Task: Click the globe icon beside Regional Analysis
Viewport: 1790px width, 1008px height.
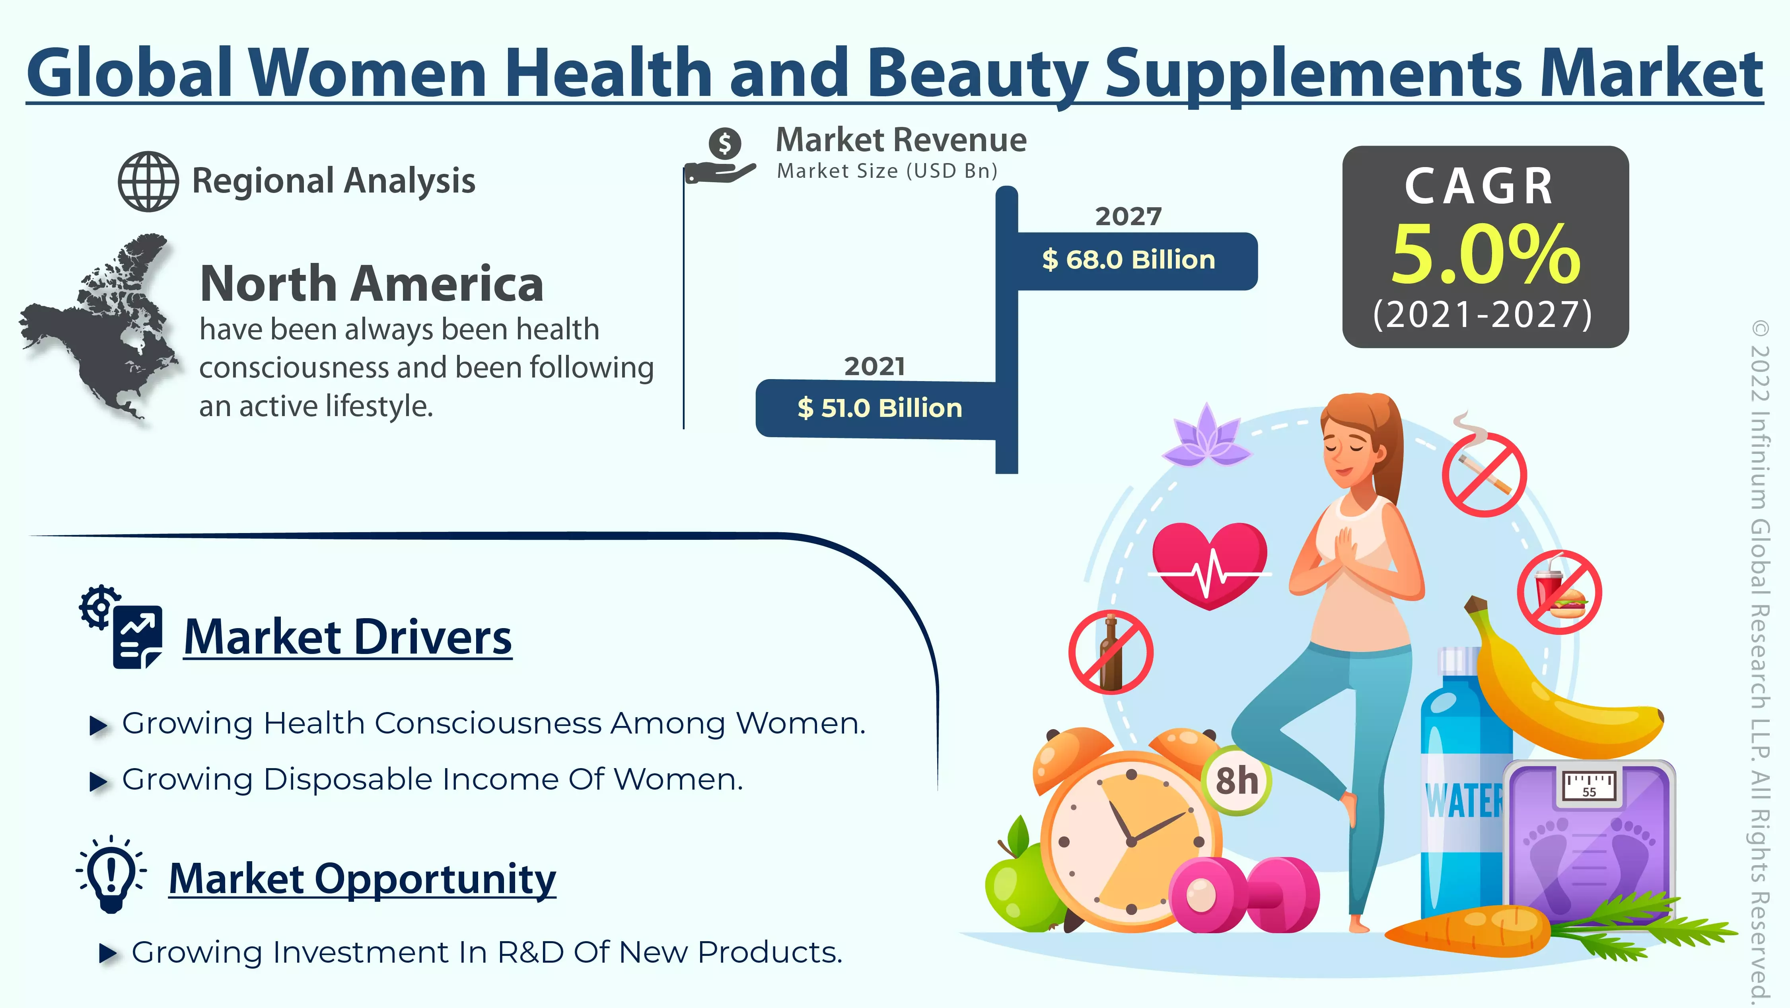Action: (x=148, y=181)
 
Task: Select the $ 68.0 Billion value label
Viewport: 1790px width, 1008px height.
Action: (x=1128, y=260)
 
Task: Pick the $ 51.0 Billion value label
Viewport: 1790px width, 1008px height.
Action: (x=880, y=409)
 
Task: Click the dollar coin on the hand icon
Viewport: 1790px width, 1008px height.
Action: (x=725, y=144)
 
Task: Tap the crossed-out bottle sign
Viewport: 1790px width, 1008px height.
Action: (x=1111, y=652)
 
